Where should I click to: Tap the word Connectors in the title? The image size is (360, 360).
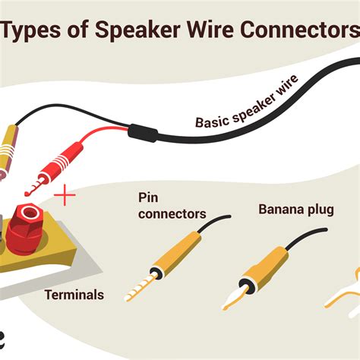click(x=295, y=32)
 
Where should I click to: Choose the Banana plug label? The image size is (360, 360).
click(x=294, y=207)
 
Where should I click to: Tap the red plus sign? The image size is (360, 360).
click(x=66, y=197)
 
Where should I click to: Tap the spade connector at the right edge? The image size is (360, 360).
click(x=345, y=292)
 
